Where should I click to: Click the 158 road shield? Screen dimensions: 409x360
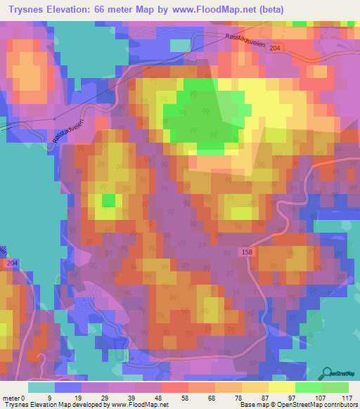246,251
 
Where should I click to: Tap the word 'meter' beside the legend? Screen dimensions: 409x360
11,398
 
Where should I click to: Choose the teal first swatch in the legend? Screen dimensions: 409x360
41,387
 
